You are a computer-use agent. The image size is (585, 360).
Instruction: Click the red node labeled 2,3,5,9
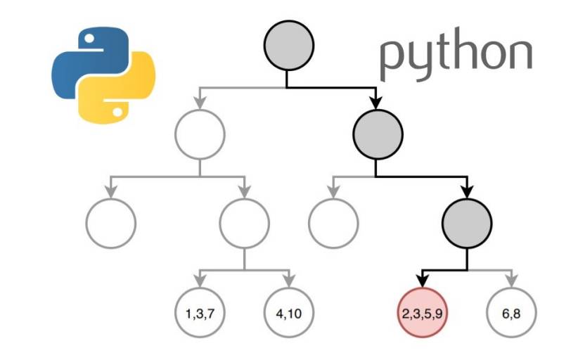click(422, 313)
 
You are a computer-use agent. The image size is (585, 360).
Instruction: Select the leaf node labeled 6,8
click(511, 313)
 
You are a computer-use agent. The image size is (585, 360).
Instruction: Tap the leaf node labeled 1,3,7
click(200, 313)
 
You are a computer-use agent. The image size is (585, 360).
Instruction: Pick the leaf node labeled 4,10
click(288, 313)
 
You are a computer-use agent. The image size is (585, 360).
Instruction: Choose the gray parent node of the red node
click(465, 224)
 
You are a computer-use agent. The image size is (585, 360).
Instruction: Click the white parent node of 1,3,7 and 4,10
click(244, 224)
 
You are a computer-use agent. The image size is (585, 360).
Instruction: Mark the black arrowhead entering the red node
click(422, 281)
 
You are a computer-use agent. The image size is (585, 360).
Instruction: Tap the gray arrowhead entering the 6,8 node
click(511, 281)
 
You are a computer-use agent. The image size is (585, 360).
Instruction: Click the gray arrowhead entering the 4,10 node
click(288, 281)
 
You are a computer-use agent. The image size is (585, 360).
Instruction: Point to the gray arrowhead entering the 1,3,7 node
click(200, 281)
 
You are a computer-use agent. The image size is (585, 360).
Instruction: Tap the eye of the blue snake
click(89, 39)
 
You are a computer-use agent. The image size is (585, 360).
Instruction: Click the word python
click(456, 56)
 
